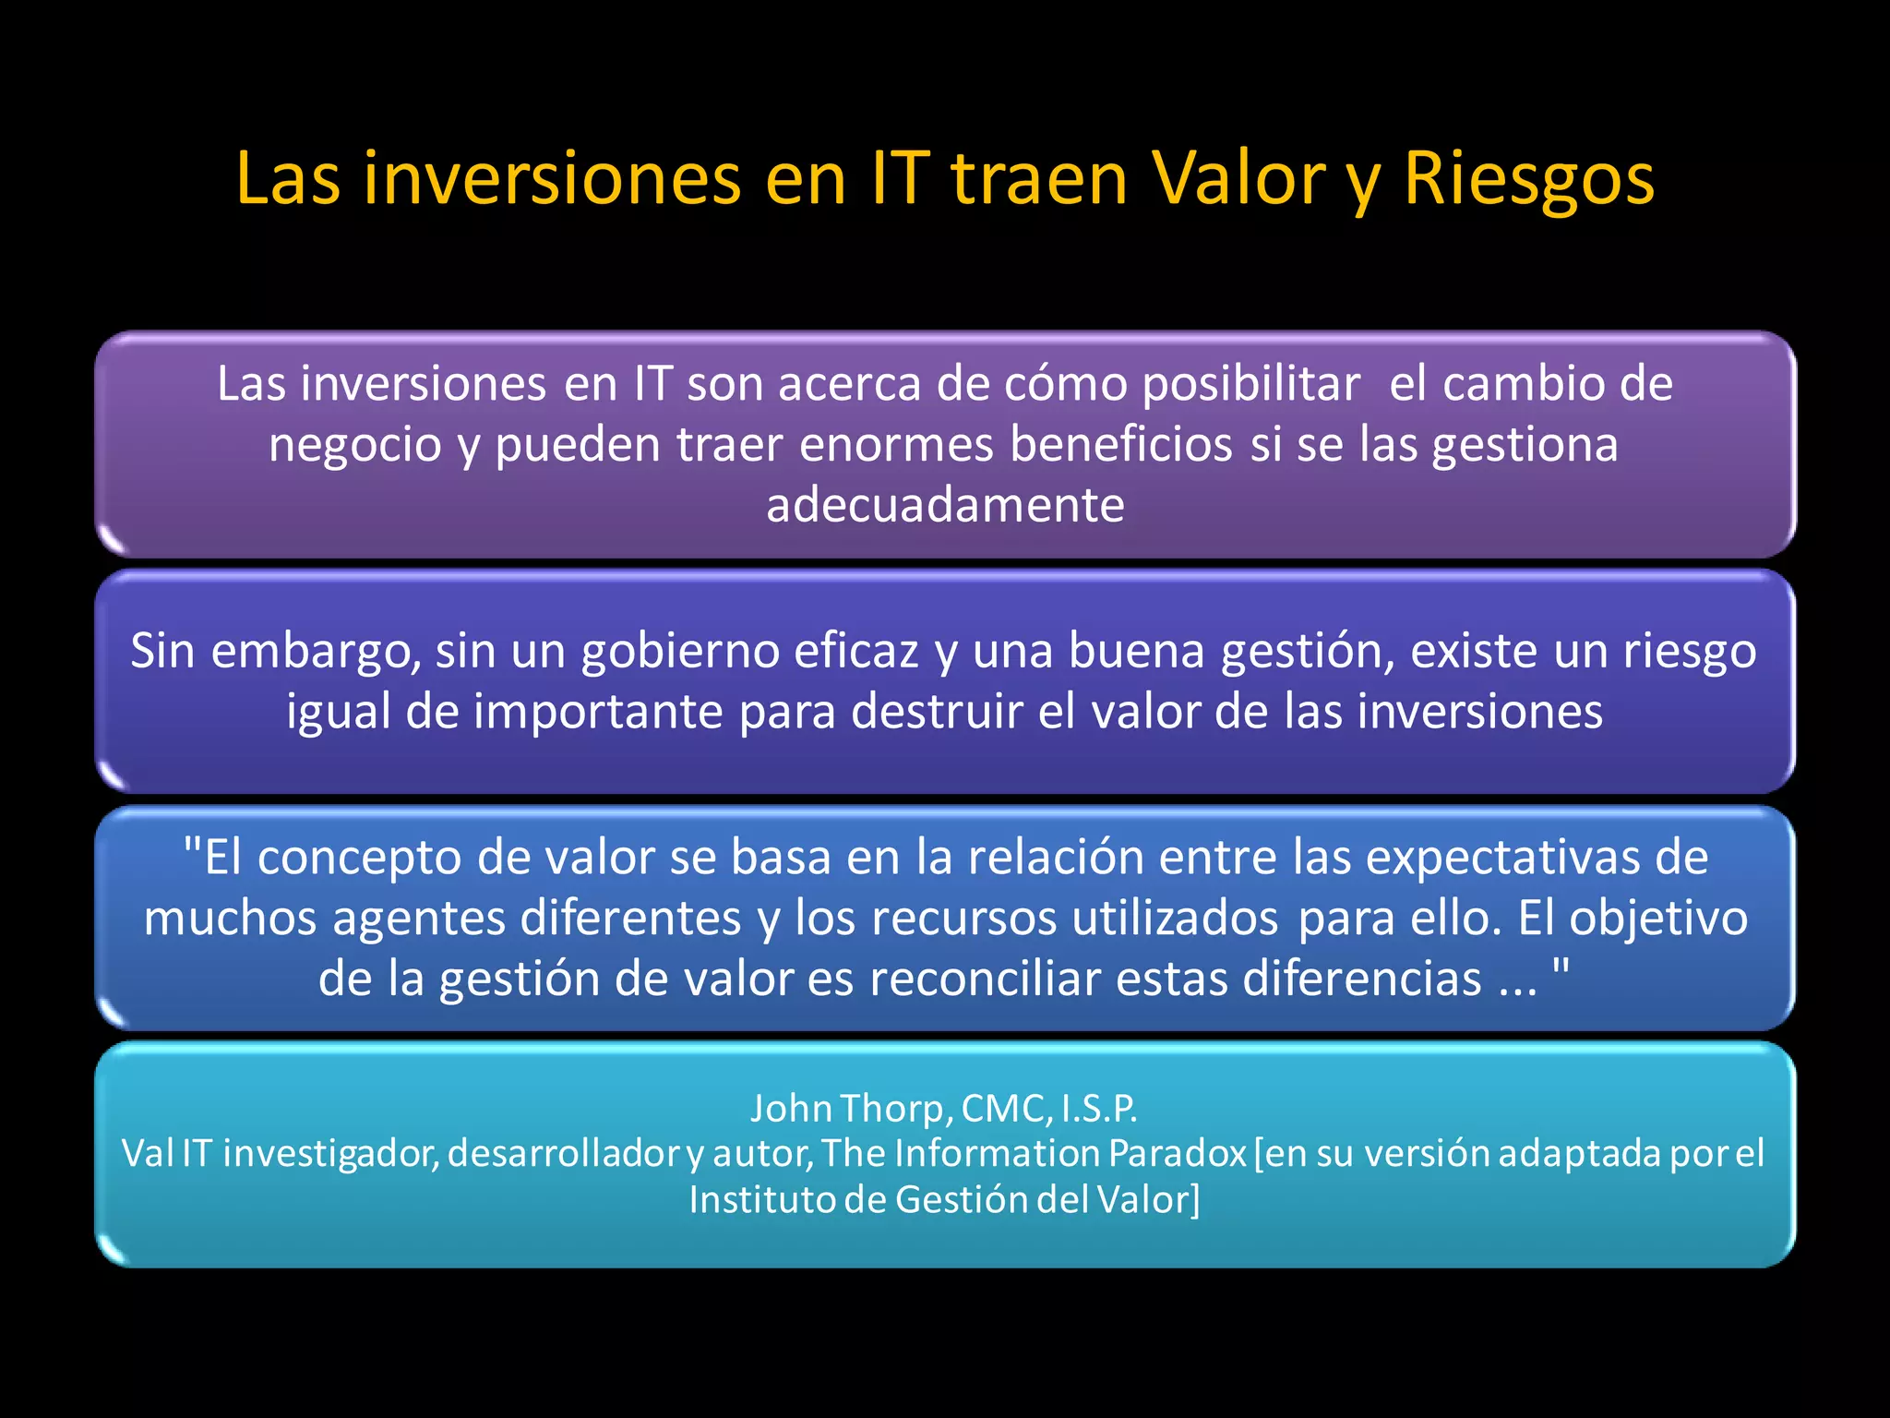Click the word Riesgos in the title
[x=1528, y=179]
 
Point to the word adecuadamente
[x=945, y=505]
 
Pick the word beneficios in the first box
[x=1120, y=445]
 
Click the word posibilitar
[x=1250, y=384]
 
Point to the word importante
[x=597, y=712]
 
